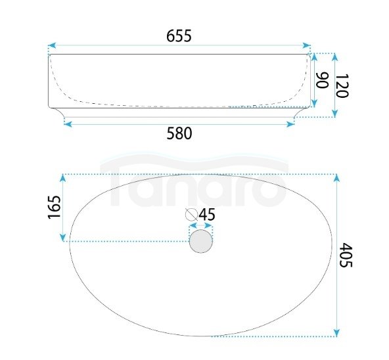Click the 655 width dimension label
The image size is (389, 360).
pos(179,35)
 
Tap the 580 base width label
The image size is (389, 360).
pos(179,133)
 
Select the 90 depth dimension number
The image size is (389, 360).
pos(322,80)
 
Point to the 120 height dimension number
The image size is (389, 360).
pos(342,85)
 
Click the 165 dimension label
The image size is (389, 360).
pos(55,207)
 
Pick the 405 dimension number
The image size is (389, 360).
pos(346,255)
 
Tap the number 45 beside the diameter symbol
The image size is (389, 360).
pos(207,215)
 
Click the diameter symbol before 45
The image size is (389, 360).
pos(191,215)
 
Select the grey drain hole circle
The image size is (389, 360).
pos(201,241)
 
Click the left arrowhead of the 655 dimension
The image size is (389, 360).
pos(52,45)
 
